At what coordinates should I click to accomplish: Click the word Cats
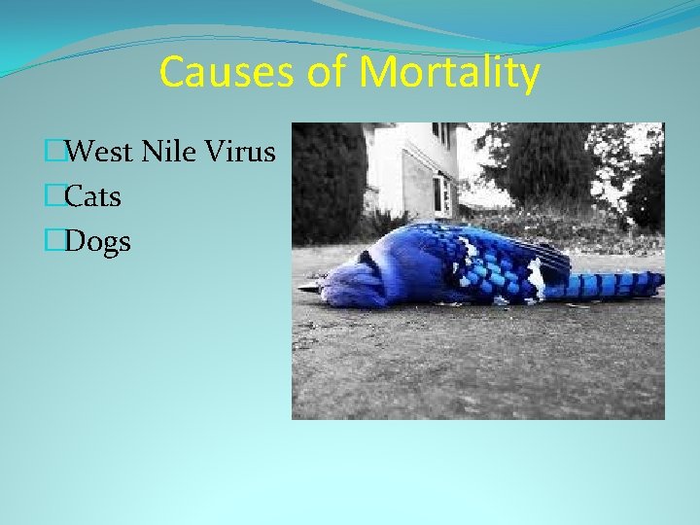pyautogui.click(x=93, y=197)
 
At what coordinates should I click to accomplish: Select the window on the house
pyautogui.click(x=442, y=194)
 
